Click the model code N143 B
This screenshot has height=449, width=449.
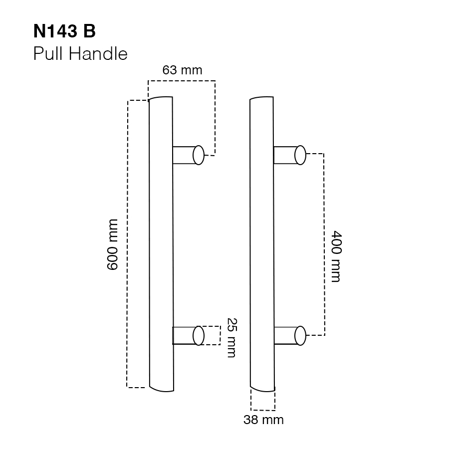coord(64,31)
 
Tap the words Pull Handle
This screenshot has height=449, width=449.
coord(80,53)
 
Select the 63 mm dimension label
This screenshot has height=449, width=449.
coord(183,70)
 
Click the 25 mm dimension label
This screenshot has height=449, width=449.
coord(230,338)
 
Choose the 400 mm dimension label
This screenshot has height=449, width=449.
coord(335,256)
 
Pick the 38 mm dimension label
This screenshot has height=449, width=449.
coord(263,420)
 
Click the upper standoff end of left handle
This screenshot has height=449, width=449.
coord(199,155)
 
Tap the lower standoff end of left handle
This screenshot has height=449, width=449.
coord(199,335)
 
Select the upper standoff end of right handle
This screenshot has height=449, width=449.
coord(300,155)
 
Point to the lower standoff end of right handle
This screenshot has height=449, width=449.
coord(300,335)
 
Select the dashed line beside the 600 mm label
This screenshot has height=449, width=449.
coord(128,244)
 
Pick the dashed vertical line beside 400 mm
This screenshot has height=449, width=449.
coord(325,244)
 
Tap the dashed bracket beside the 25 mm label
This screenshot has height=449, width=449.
coord(220,335)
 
